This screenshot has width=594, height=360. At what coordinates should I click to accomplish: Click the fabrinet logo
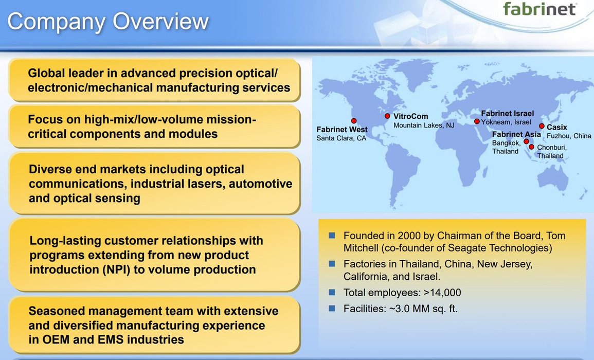539,8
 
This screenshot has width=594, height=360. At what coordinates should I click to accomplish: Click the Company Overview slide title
108,22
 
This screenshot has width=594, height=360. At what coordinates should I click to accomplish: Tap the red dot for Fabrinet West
354,121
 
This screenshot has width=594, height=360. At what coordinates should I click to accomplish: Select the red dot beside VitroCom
387,116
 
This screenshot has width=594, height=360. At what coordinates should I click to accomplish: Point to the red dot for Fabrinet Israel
477,122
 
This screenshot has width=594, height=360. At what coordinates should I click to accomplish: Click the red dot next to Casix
542,126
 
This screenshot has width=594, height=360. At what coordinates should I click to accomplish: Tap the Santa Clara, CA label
341,138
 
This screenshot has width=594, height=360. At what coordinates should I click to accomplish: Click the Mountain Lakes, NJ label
424,125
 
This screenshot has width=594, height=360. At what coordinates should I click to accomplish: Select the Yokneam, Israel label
506,122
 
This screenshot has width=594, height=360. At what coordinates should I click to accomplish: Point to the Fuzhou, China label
569,136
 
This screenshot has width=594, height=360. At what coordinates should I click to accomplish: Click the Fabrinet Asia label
516,134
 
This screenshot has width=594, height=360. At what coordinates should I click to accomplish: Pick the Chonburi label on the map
551,148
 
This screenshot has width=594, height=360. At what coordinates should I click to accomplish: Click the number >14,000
442,293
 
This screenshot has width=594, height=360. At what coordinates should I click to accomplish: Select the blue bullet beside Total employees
332,292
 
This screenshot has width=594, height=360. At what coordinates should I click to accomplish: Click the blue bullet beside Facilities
332,309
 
